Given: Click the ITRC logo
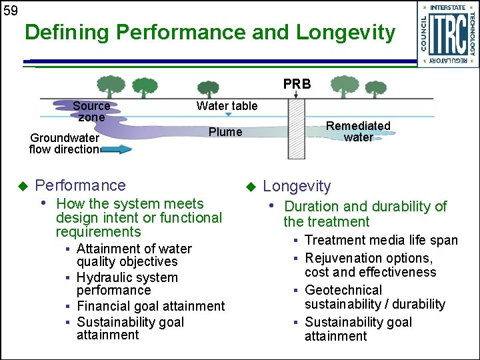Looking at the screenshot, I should point(449,34).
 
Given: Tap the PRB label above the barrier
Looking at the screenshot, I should point(297,85).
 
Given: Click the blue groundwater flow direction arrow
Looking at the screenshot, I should point(117,149).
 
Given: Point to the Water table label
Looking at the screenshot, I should point(227,106).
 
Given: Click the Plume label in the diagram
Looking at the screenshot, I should point(225,132).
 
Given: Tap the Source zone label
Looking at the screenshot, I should point(91,111).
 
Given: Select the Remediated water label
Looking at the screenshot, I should point(358,131).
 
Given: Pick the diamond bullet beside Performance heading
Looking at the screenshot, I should point(22,185).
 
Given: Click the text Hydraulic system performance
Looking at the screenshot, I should point(127,284).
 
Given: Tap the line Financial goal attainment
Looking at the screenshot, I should point(151,306).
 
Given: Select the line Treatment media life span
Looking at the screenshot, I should point(381,240).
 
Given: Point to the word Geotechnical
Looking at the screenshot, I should point(343,290).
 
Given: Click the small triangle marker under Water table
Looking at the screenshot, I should point(228,115).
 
